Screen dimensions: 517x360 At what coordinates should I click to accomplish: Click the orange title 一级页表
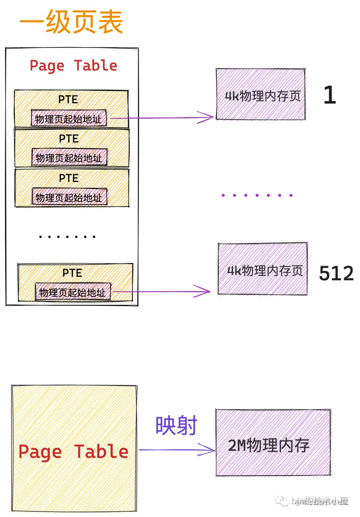[x=71, y=22]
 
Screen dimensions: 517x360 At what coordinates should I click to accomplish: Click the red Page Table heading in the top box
[x=73, y=66]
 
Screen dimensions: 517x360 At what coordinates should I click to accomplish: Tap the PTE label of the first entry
[x=68, y=99]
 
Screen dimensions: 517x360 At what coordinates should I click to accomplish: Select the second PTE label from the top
[x=69, y=139]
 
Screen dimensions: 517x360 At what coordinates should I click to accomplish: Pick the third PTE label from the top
[x=69, y=178]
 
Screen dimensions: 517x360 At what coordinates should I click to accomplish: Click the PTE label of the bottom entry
[x=72, y=273]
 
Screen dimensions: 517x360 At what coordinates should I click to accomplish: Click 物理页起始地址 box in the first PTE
[x=69, y=118]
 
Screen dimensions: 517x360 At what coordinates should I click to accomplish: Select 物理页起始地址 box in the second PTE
[x=69, y=158]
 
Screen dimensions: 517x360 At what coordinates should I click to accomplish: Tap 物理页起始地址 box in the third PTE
[x=69, y=197]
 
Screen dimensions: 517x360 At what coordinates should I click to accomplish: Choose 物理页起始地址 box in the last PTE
[x=73, y=292]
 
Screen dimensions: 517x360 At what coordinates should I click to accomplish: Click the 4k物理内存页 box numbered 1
[x=261, y=94]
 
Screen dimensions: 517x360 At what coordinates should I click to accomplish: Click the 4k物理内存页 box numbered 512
[x=263, y=269]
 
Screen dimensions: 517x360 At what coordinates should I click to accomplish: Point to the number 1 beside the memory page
[x=330, y=95]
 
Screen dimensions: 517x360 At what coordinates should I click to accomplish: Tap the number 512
[x=336, y=273]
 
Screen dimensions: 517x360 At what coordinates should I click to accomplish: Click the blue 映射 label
[x=176, y=425]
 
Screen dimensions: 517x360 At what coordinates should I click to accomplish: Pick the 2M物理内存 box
[x=273, y=443]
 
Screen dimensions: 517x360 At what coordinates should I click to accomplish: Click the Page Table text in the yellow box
[x=73, y=452]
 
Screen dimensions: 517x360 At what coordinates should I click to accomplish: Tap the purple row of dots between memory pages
[x=257, y=195]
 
